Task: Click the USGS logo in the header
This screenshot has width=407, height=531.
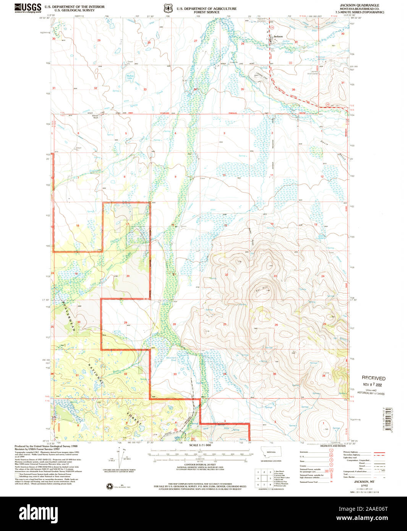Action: coord(28,8)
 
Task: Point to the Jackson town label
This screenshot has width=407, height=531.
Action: coord(278,36)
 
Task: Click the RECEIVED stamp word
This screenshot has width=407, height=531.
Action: coord(373,378)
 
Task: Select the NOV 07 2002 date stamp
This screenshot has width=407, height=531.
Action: coord(373,385)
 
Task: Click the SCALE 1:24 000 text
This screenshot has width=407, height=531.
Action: coord(200,445)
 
